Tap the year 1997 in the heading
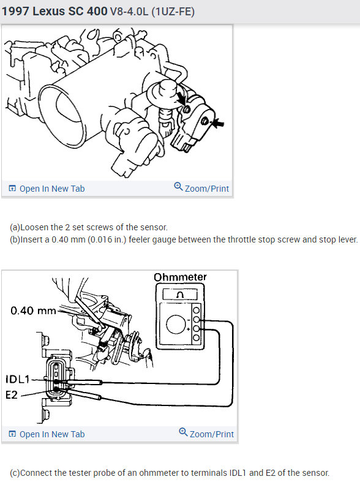(x=17, y=11)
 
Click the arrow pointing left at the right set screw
(x=216, y=122)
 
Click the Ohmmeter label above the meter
(x=180, y=277)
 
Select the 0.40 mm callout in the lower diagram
(x=33, y=310)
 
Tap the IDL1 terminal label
(x=19, y=378)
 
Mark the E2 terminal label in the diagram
(x=12, y=395)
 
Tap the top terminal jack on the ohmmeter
(x=197, y=310)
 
